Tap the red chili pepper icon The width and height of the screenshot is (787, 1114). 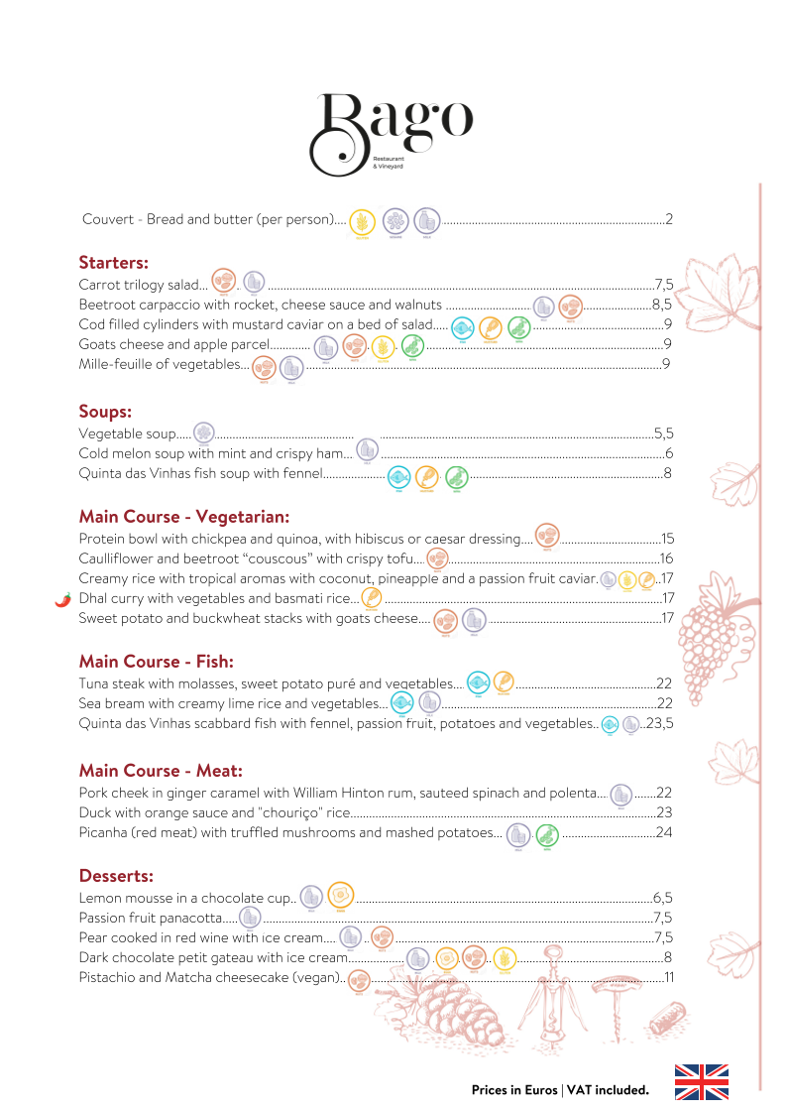pyautogui.click(x=63, y=599)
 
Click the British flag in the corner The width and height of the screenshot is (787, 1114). pyautogui.click(x=701, y=1081)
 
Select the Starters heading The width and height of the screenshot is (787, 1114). pyautogui.click(x=113, y=263)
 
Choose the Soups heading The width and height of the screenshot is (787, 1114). pyautogui.click(x=105, y=411)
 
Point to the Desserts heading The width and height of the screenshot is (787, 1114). pyautogui.click(x=116, y=876)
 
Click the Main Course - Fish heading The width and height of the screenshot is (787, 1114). pyautogui.click(x=156, y=662)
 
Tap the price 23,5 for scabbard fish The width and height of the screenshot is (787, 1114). pyautogui.click(x=659, y=724)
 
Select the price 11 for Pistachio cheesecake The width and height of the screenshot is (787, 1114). pyautogui.click(x=668, y=978)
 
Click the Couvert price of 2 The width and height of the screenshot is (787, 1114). pyautogui.click(x=670, y=219)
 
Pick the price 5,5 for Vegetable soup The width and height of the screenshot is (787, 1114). pyautogui.click(x=663, y=433)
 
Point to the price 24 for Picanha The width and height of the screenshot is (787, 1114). pyautogui.click(x=664, y=832)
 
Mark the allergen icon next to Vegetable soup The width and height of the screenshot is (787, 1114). pyautogui.click(x=204, y=433)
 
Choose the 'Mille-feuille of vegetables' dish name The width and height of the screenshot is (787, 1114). pyautogui.click(x=163, y=365)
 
